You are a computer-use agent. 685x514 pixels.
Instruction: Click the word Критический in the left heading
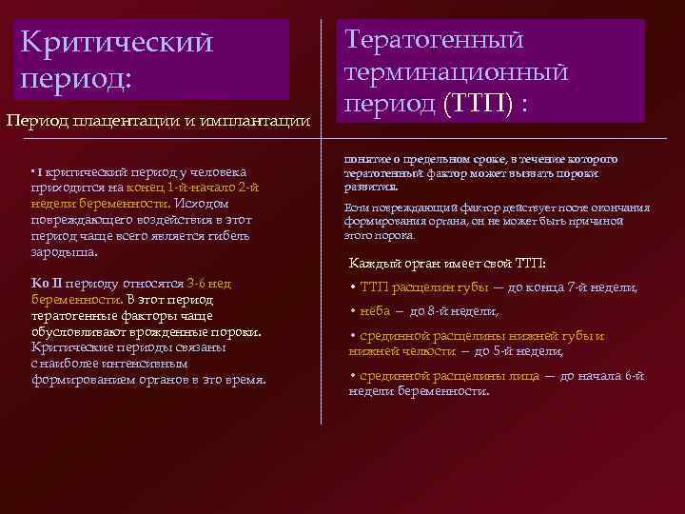click(117, 43)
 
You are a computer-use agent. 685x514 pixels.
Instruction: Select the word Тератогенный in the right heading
click(434, 40)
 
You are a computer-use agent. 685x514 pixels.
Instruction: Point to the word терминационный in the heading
click(456, 71)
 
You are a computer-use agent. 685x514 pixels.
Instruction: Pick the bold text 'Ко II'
click(47, 284)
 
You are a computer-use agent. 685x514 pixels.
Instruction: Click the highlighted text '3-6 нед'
click(209, 284)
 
